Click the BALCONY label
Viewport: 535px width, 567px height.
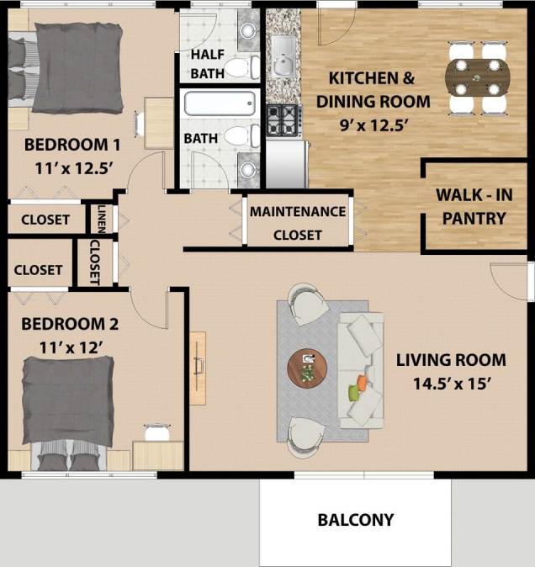tap(355, 520)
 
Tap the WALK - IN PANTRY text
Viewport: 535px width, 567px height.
tap(470, 207)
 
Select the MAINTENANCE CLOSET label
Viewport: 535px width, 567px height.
tap(298, 223)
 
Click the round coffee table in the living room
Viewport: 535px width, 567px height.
tap(308, 368)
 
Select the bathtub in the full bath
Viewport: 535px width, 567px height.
tap(219, 104)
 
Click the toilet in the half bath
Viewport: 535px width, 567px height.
tap(239, 67)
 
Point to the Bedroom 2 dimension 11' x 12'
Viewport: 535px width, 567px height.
tap(70, 346)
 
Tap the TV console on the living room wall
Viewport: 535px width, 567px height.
tap(198, 368)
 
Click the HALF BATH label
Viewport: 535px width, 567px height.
tap(207, 65)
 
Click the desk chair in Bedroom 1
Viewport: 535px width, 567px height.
tap(140, 123)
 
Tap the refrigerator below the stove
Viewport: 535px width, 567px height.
tap(285, 160)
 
